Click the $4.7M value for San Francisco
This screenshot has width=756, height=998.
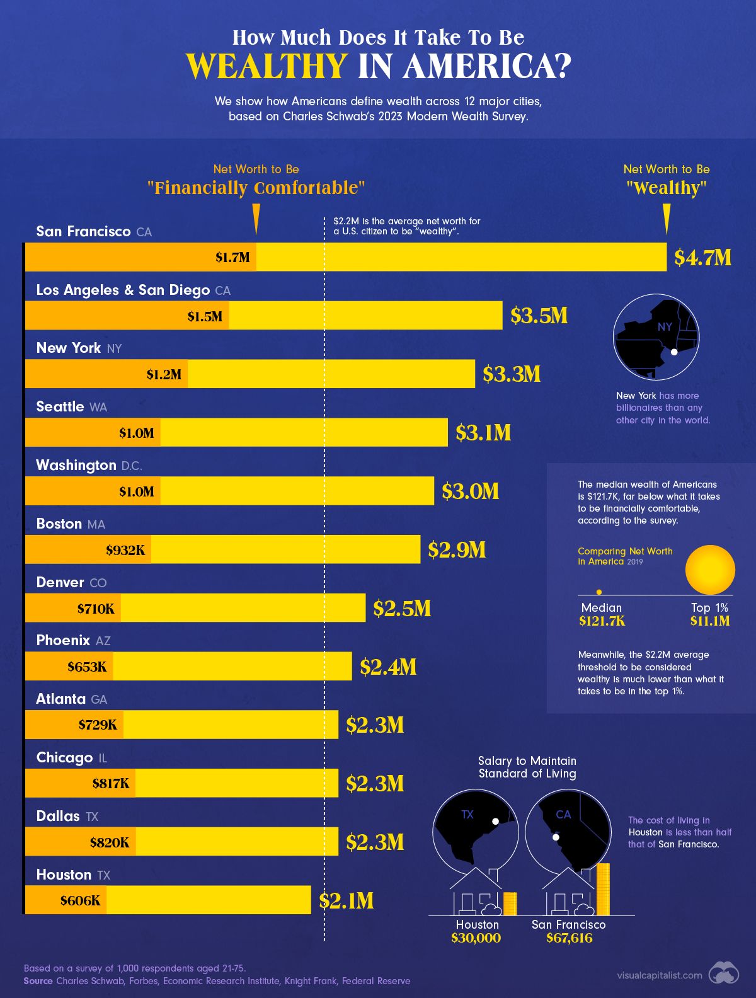click(x=702, y=257)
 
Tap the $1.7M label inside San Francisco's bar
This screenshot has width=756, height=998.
click(x=232, y=257)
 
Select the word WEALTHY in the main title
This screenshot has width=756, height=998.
click(x=266, y=66)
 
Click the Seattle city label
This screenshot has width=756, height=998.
click(x=60, y=406)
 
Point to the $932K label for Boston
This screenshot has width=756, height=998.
click(x=125, y=550)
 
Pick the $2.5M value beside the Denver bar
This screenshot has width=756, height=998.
click(x=402, y=608)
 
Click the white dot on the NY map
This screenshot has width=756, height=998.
click(x=673, y=352)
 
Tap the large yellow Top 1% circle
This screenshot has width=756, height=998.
click(x=710, y=570)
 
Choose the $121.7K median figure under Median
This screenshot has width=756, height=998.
click(x=602, y=621)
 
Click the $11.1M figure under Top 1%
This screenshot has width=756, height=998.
click(x=709, y=621)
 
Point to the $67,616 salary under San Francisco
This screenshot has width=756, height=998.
click(x=569, y=938)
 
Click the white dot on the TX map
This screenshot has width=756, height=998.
click(x=496, y=822)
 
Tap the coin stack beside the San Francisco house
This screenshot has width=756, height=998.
click(x=603, y=890)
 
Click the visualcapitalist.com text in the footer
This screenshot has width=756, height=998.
click(x=660, y=975)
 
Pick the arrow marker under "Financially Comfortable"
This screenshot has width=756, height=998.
click(x=256, y=218)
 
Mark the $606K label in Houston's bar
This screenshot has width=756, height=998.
click(x=80, y=900)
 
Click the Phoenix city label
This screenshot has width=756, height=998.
click(x=63, y=640)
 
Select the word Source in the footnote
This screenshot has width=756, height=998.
click(x=38, y=981)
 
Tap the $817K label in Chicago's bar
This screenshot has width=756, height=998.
click(x=110, y=783)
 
